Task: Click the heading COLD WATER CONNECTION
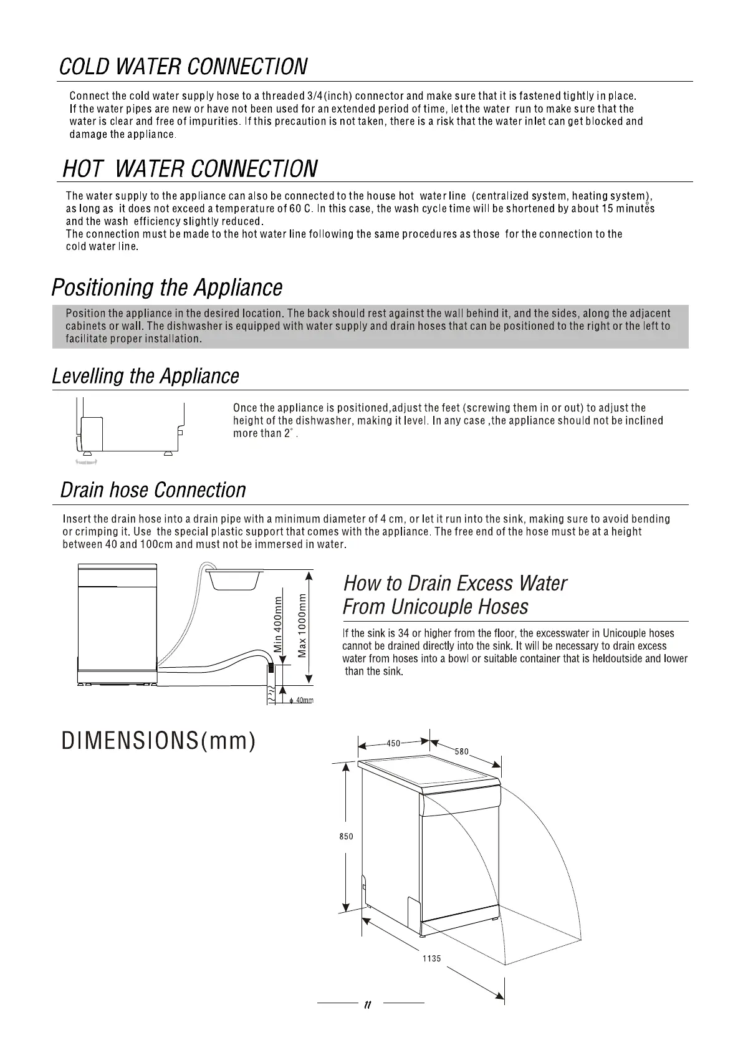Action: click(x=183, y=67)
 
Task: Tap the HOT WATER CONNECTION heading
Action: click(x=190, y=168)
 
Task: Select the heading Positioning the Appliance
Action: click(x=166, y=288)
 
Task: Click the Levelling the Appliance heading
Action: click(x=145, y=377)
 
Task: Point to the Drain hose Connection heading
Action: click(x=153, y=490)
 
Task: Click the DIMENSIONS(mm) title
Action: click(x=158, y=741)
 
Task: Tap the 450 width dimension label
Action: click(x=393, y=743)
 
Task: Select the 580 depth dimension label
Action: click(x=461, y=752)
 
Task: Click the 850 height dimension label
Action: click(x=347, y=837)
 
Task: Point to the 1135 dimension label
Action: click(x=431, y=958)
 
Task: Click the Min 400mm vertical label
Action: click(x=279, y=624)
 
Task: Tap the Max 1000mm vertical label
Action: click(x=302, y=624)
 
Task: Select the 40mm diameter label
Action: click(x=304, y=701)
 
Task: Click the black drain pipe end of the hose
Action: click(x=271, y=670)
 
